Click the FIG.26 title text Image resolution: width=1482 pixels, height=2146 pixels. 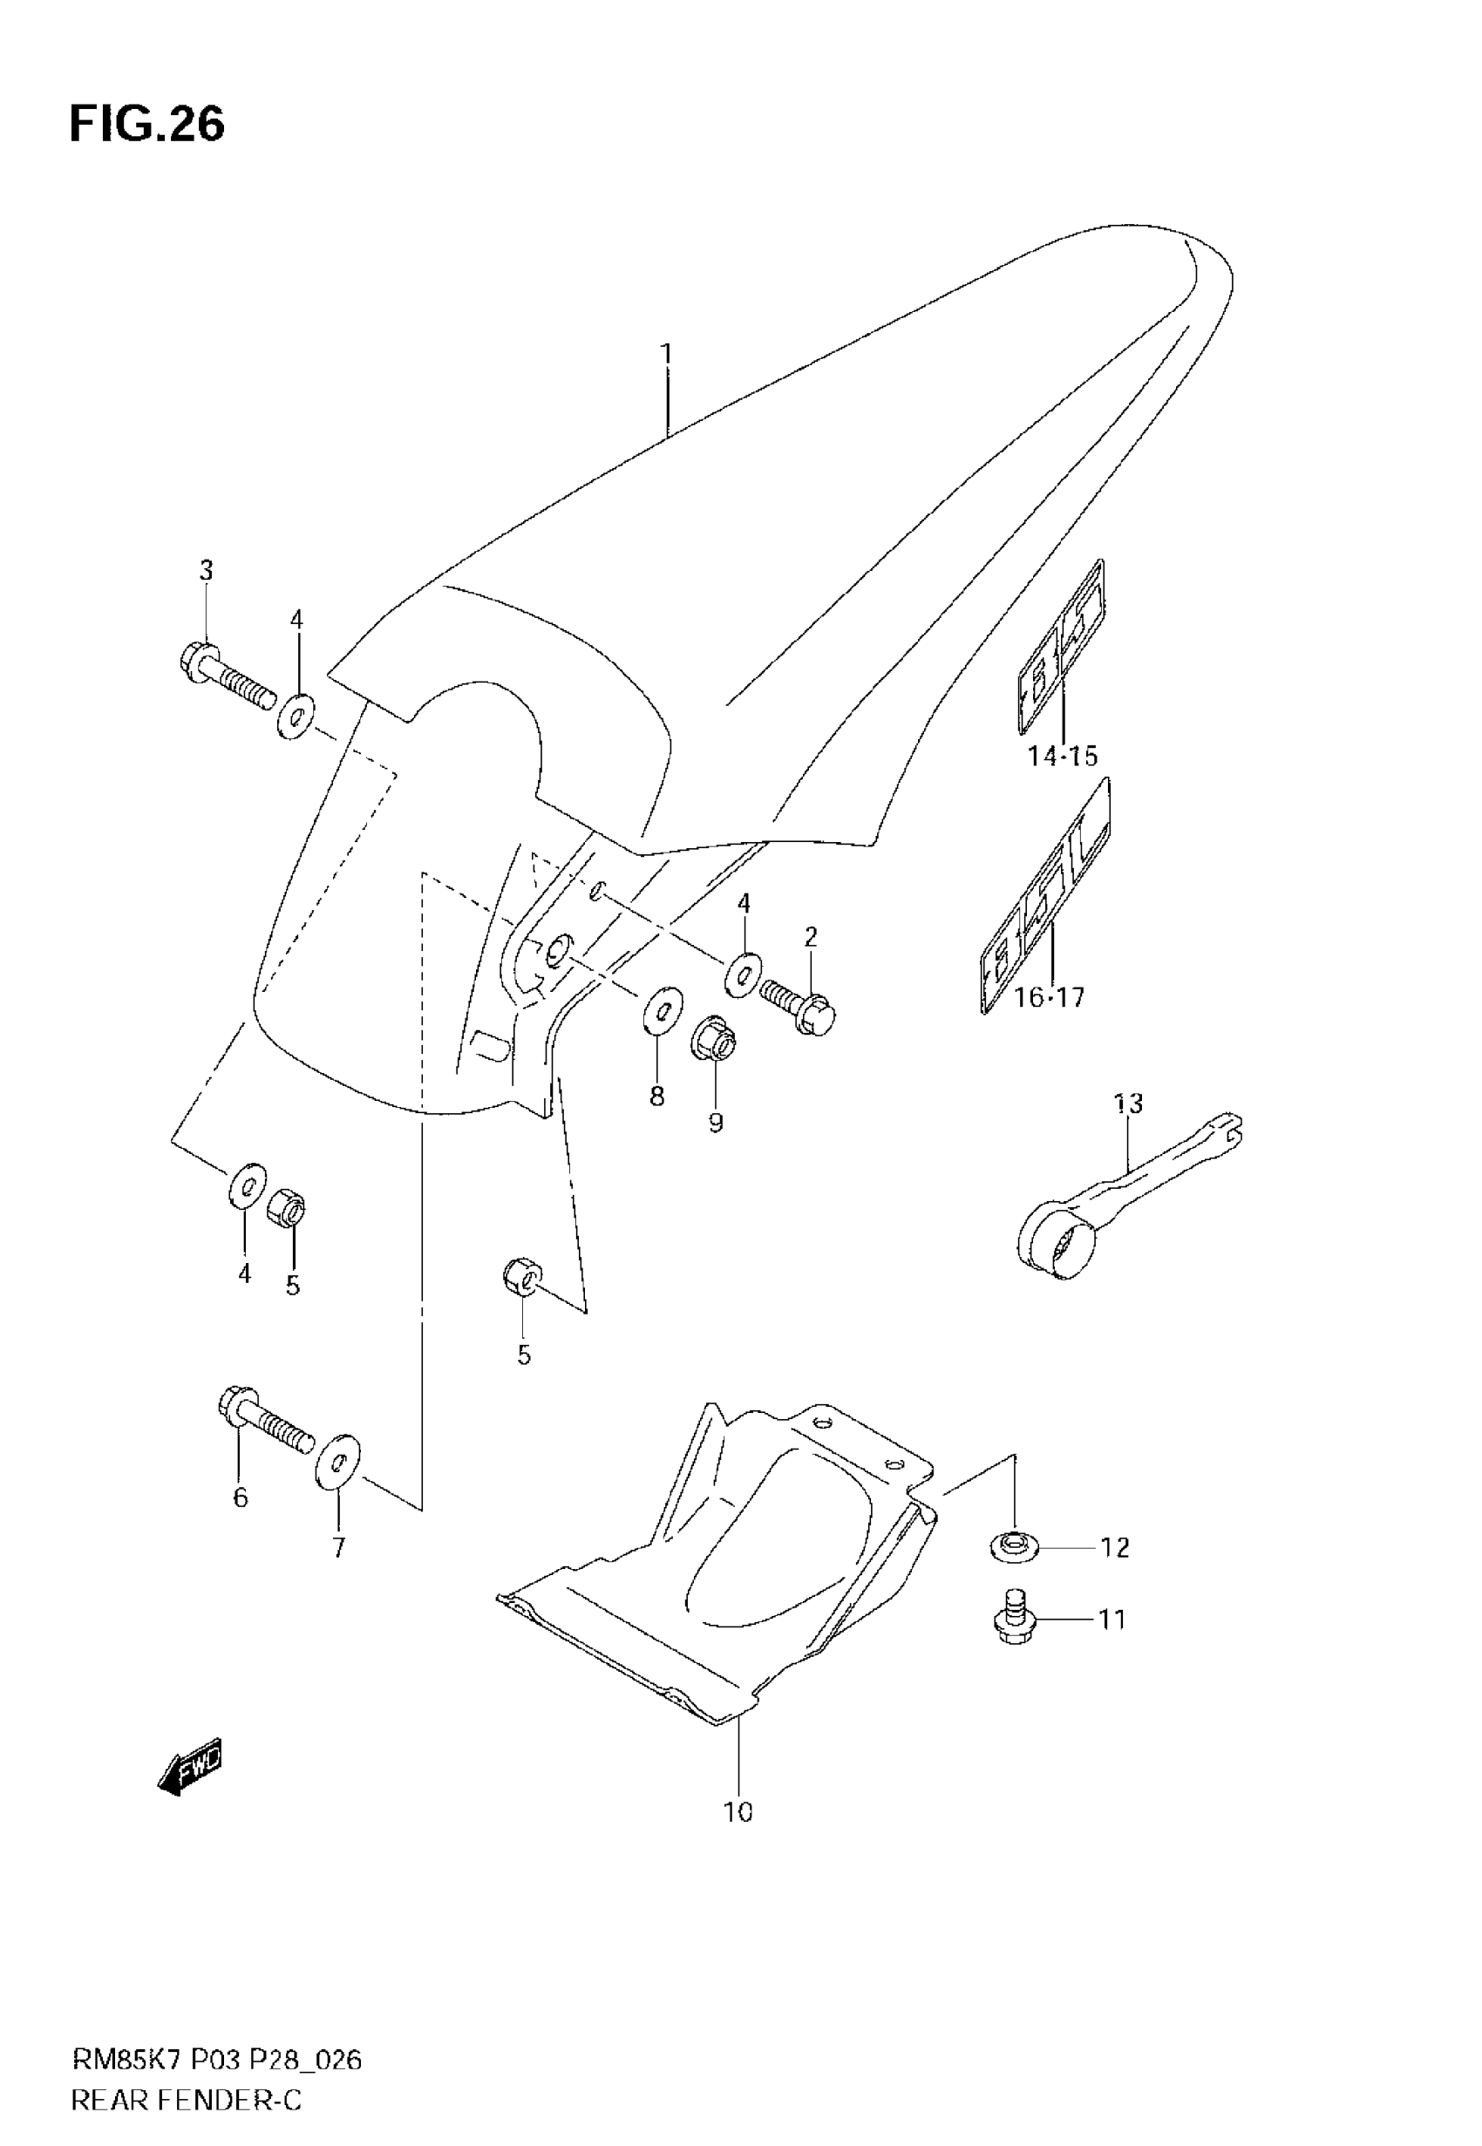pyautogui.click(x=146, y=125)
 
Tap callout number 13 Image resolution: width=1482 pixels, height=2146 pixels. pyautogui.click(x=1128, y=1104)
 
